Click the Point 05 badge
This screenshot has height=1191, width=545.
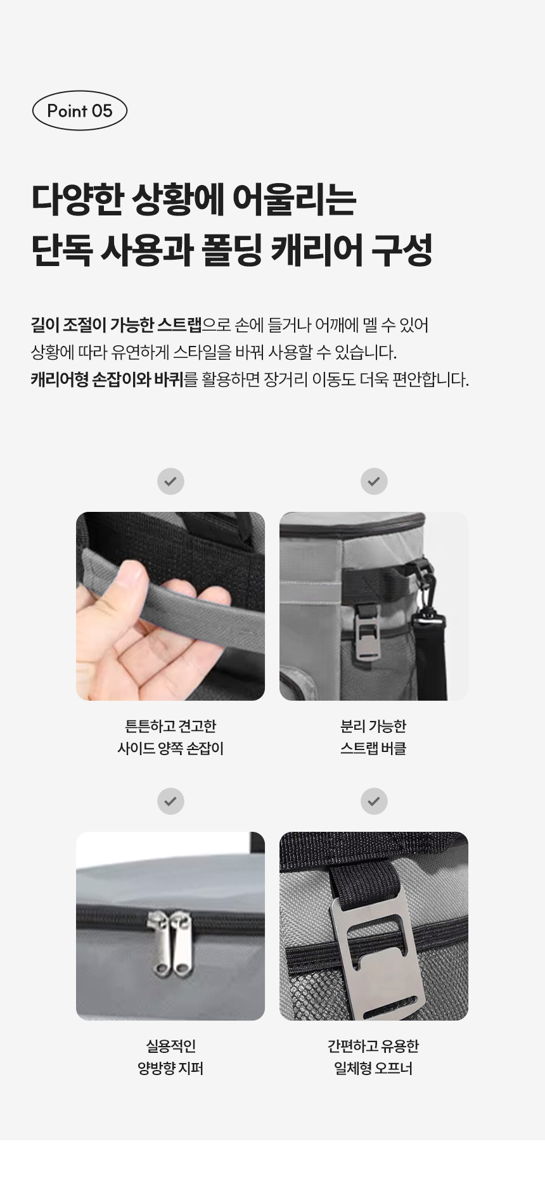click(80, 111)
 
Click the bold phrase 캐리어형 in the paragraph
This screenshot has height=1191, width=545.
click(58, 379)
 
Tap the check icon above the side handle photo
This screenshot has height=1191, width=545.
click(170, 481)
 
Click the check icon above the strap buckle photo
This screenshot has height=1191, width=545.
click(374, 481)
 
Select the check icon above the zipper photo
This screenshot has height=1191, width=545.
click(170, 801)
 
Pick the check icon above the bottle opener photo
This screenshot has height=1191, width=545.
click(374, 801)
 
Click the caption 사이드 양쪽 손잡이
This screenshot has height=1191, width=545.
click(170, 748)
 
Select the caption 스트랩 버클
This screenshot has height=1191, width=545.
click(373, 748)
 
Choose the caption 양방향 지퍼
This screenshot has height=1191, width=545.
click(170, 1068)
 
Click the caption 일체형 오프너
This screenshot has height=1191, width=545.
click(373, 1068)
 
